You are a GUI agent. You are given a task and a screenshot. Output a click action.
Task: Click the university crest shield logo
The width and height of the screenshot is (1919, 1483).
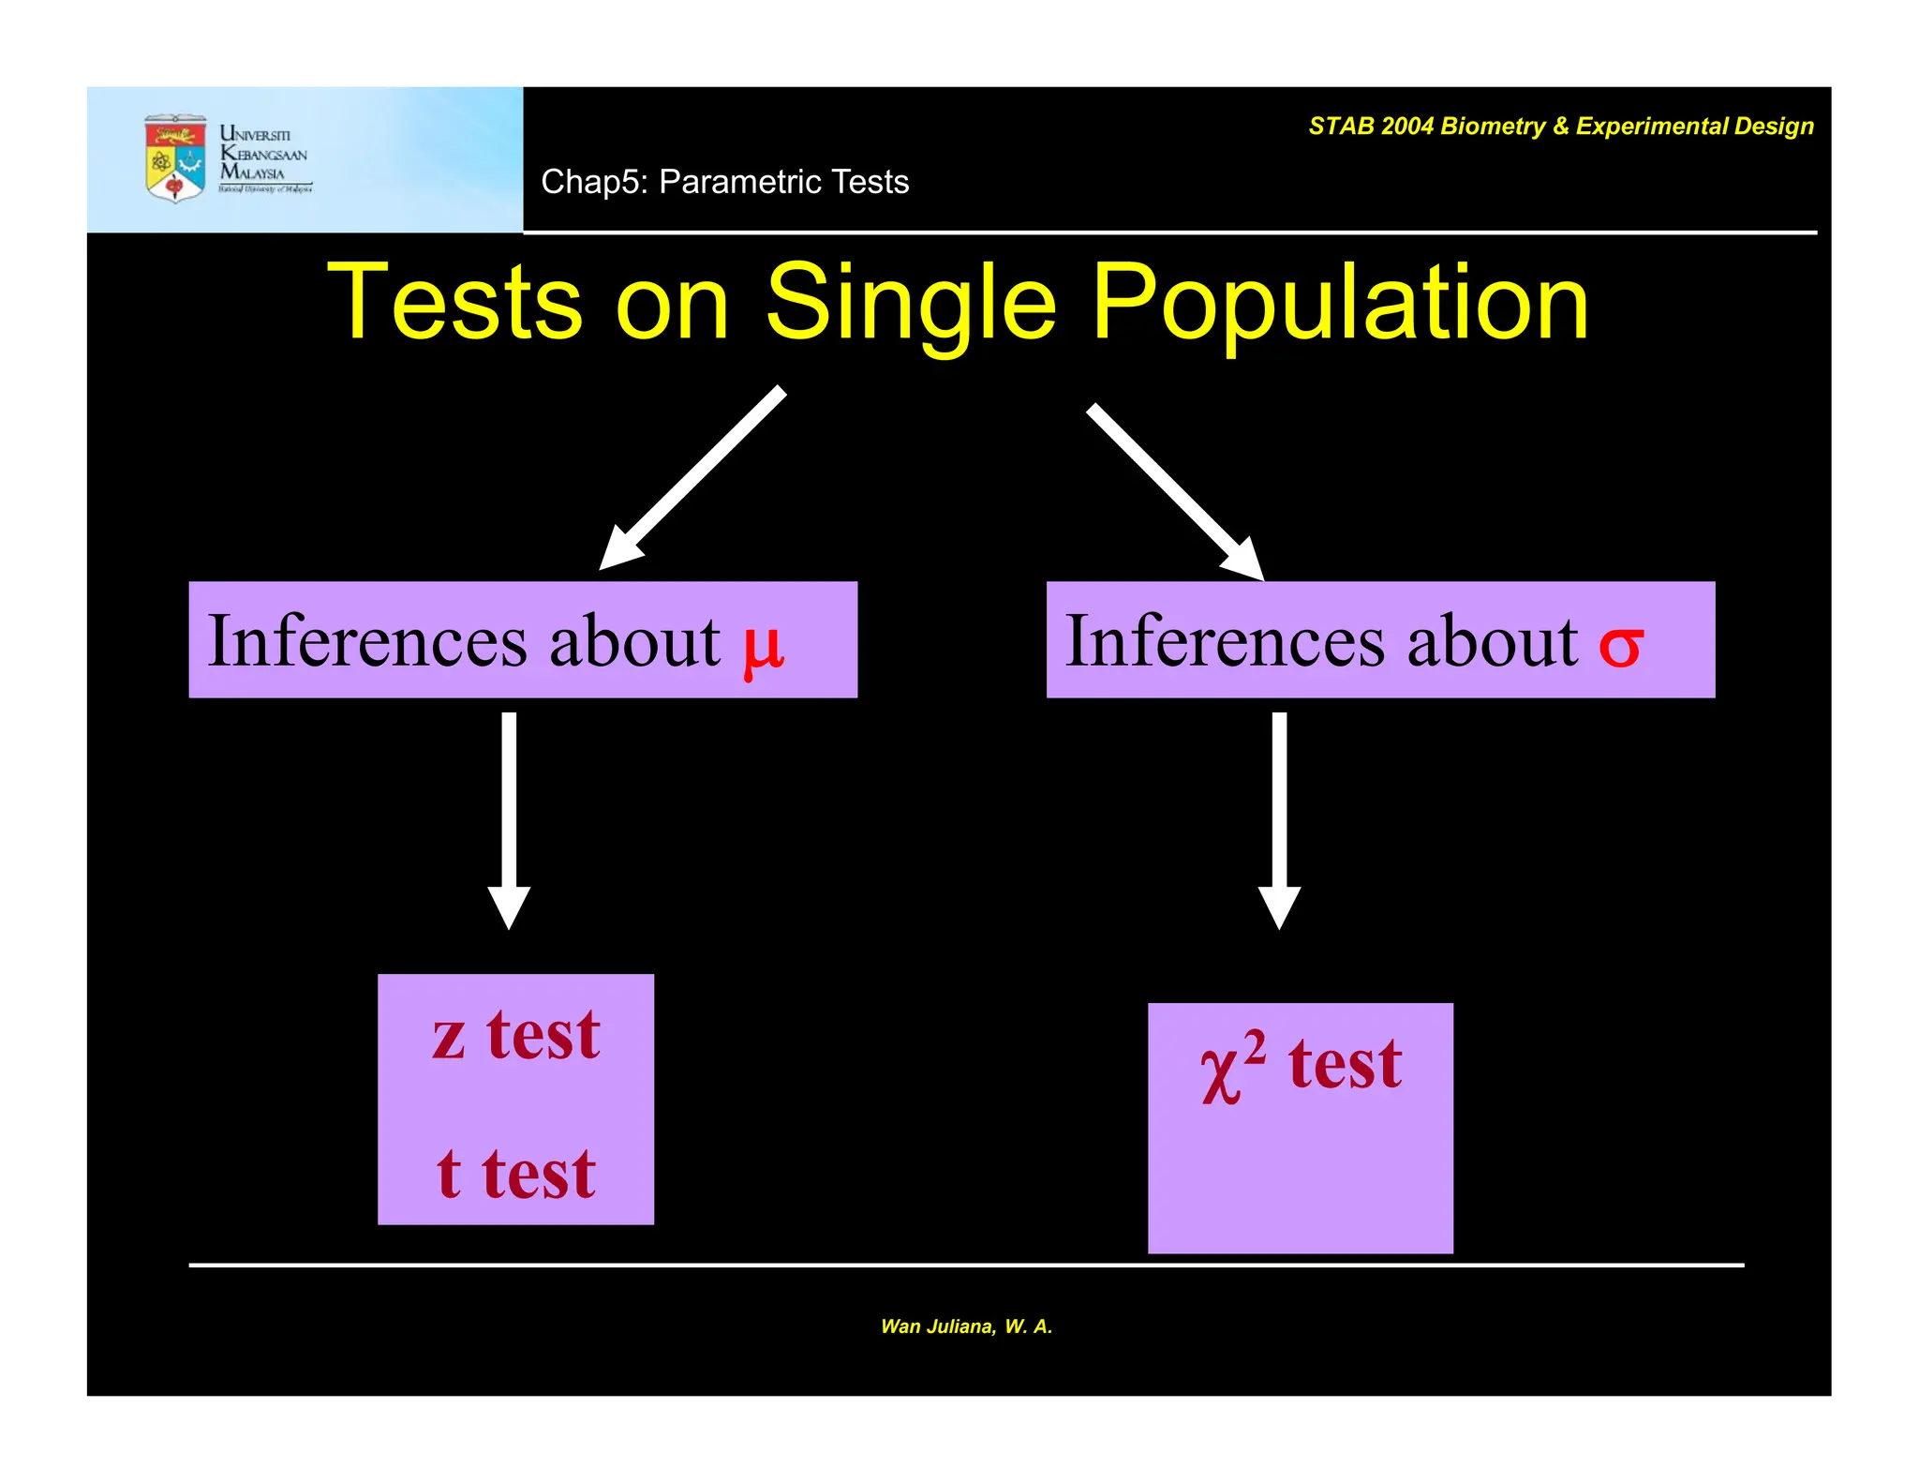click(175, 158)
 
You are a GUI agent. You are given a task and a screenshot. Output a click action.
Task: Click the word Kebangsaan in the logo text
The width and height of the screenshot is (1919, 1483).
click(264, 154)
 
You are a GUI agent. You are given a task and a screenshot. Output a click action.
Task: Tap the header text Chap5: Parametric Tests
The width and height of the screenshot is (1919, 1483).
click(724, 182)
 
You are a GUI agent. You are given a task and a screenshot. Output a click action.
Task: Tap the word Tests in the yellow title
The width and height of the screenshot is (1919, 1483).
click(455, 303)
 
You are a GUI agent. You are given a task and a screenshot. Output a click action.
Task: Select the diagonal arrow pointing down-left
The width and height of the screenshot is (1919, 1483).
click(692, 478)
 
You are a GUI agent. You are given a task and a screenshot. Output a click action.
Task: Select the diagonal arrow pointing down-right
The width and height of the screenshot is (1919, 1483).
click(1175, 491)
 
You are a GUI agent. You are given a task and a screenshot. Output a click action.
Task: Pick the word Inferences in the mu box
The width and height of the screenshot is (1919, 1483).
click(367, 641)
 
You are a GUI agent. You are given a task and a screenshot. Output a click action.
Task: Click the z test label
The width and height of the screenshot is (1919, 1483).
click(516, 1036)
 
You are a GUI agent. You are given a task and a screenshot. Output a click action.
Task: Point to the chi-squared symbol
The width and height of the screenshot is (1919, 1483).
click(1231, 1069)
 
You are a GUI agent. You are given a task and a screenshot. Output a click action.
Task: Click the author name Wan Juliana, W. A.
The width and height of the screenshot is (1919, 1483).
click(966, 1326)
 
